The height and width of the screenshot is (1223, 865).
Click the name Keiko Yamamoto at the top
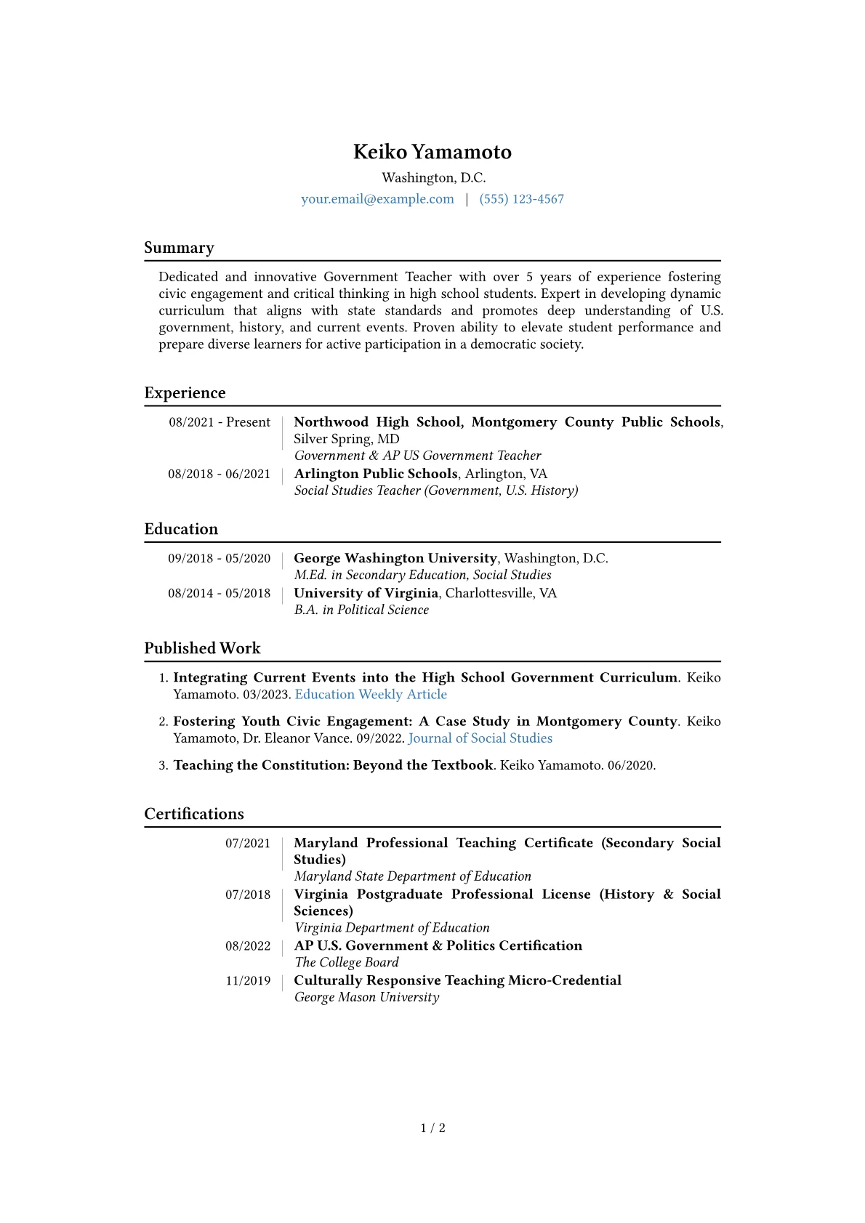point(432,152)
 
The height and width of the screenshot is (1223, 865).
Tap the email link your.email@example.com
point(377,199)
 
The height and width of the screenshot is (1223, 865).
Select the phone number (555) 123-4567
point(521,199)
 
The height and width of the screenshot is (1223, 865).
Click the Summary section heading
point(179,248)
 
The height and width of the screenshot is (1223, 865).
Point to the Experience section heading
point(185,393)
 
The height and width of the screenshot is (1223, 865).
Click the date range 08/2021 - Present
point(220,422)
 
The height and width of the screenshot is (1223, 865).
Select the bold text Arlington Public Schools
point(376,474)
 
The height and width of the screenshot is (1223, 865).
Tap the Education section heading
point(181,529)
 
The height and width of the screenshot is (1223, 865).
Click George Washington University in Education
point(395,558)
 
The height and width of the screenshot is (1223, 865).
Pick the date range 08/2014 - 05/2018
point(219,593)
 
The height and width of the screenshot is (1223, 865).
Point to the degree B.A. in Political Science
point(361,610)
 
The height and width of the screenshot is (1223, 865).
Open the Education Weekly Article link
point(371,694)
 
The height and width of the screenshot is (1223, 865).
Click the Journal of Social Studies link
point(480,738)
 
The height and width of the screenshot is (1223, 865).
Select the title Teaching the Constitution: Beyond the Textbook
point(333,765)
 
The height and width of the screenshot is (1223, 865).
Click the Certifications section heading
point(194,814)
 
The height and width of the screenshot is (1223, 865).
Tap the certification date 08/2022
point(248,946)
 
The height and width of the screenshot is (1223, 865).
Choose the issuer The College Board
point(347,962)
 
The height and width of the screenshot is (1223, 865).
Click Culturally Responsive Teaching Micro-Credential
point(457,980)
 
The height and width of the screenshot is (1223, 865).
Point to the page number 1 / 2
point(432,1128)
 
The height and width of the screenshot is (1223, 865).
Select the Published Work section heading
point(202,648)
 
